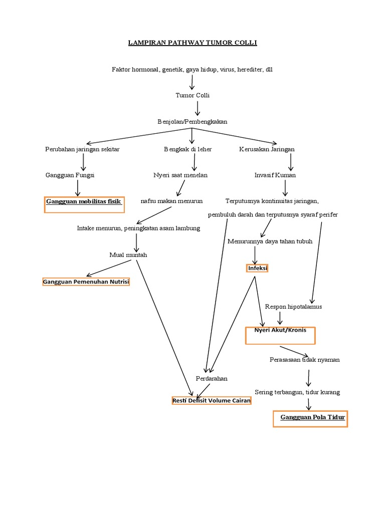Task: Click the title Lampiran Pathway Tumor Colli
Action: click(192, 43)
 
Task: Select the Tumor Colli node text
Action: click(192, 95)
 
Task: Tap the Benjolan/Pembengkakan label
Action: click(192, 122)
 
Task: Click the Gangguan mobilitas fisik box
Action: click(84, 204)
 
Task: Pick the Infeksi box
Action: click(258, 269)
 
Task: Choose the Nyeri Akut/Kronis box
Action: click(280, 335)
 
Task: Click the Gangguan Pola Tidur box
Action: click(310, 418)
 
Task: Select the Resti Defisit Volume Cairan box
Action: click(211, 401)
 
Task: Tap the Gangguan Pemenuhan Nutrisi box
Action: click(86, 282)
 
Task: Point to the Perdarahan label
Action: click(211, 379)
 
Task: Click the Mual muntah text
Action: click(128, 255)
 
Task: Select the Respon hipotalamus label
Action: click(293, 307)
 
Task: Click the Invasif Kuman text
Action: click(275, 175)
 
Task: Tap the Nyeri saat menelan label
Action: click(180, 175)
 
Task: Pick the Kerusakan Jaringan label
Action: click(267, 149)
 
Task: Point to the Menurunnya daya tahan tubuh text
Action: click(270, 241)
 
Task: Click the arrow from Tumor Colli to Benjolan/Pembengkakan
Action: click(198, 108)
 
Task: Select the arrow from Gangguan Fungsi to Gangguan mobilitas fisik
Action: click(77, 188)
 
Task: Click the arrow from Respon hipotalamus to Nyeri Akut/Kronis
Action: click(280, 318)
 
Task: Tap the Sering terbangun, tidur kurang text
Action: click(297, 392)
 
